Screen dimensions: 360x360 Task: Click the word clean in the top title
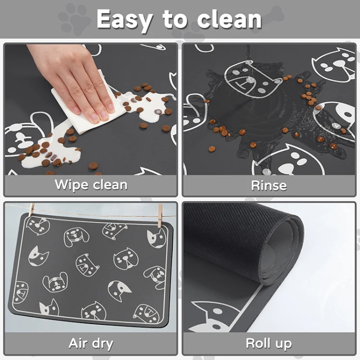[x=229, y=19]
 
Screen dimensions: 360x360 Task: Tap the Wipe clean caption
[x=91, y=185]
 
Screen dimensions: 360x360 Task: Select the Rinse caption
[x=269, y=185]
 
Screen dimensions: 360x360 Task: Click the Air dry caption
[x=91, y=344]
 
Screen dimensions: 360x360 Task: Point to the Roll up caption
[x=269, y=344]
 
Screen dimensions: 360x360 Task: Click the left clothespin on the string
[x=32, y=210]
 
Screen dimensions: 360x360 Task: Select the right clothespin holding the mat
[x=160, y=216]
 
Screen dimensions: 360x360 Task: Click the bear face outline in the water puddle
[x=252, y=79]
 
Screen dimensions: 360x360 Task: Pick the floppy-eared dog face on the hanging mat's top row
[x=76, y=237]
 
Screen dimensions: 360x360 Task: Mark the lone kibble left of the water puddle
[x=212, y=149]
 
